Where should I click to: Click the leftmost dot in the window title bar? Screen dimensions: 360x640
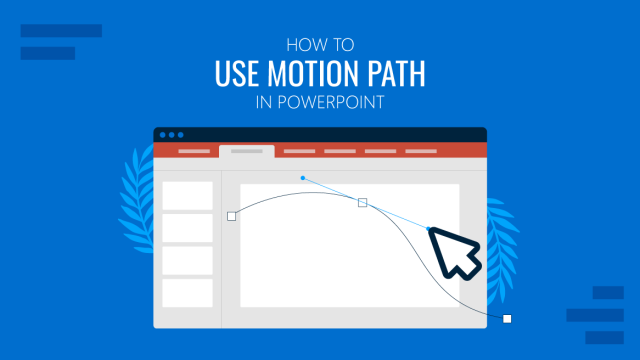(163, 135)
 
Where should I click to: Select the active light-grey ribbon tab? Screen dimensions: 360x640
(246, 151)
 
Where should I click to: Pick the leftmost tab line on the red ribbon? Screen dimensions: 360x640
(194, 152)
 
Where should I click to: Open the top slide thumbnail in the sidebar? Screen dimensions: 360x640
(188, 195)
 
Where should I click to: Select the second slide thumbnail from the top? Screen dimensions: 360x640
(188, 227)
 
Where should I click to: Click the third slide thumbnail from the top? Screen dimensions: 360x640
(188, 260)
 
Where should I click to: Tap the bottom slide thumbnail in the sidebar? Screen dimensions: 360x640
(188, 292)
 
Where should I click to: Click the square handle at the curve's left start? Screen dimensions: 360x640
(232, 215)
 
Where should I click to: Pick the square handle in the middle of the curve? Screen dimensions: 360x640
(362, 202)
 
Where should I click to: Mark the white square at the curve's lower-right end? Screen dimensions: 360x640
(507, 319)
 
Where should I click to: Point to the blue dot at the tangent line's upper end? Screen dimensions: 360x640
(303, 178)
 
